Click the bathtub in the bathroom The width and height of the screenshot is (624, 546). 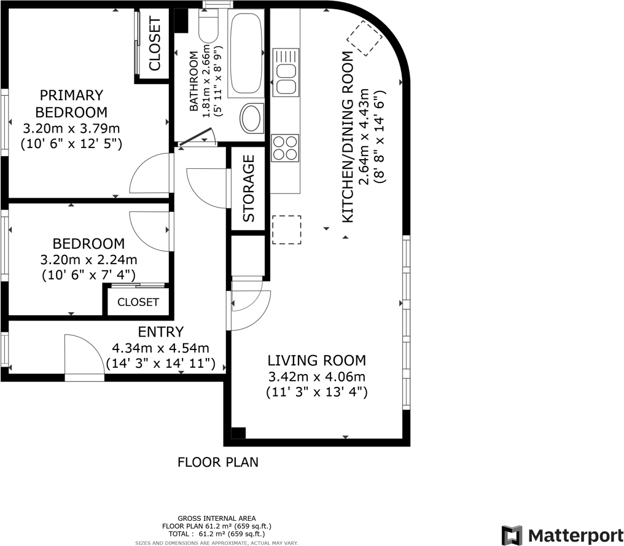point(246,53)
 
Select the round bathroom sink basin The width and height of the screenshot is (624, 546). point(251,118)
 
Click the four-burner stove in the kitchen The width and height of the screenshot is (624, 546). point(285,148)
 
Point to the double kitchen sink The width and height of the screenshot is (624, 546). point(286,72)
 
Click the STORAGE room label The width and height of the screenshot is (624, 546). point(249,188)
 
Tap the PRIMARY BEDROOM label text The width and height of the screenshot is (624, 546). point(71,103)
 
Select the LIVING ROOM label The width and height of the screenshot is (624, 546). point(316,360)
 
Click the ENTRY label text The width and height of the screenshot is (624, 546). point(161,332)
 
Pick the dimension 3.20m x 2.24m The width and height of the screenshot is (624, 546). point(88,260)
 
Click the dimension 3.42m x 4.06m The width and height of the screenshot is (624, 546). point(316,376)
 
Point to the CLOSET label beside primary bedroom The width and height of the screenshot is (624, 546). point(154,44)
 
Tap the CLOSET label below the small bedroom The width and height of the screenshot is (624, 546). point(138,302)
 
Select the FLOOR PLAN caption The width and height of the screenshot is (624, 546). point(217,462)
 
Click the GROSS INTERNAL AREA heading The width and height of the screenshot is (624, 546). point(216,518)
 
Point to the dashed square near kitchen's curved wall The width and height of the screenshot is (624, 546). point(365,38)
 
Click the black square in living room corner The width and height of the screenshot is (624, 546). point(238,434)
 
